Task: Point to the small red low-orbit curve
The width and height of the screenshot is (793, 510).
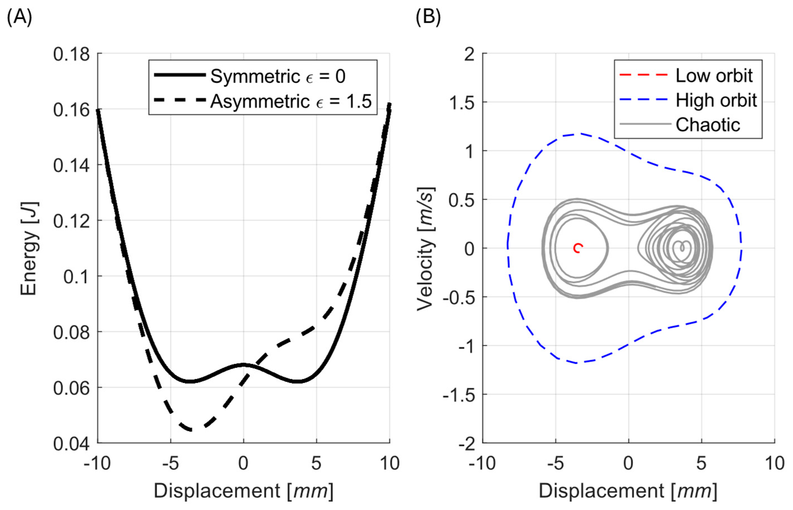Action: [x=578, y=248]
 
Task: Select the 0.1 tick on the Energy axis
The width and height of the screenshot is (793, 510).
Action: [x=76, y=277]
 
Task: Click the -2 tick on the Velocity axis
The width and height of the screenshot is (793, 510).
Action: [x=467, y=443]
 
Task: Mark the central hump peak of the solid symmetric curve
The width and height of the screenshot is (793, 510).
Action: [x=243, y=365]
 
